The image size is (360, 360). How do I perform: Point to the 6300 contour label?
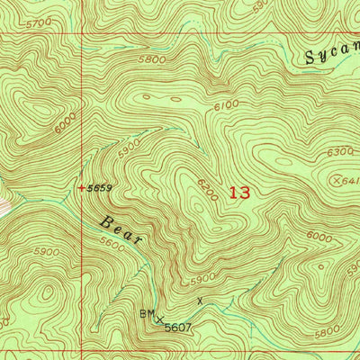point(340,152)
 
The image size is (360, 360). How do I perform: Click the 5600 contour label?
point(113,243)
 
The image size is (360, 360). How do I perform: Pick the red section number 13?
point(239,191)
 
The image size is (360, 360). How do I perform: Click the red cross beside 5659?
point(81,188)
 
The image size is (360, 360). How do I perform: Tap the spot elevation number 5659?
point(100,188)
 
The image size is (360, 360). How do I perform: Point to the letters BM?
point(148,314)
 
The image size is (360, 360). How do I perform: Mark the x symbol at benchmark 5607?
point(160,319)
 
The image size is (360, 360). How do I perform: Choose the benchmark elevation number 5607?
point(179,328)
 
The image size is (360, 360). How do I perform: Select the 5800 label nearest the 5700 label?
point(153,59)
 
